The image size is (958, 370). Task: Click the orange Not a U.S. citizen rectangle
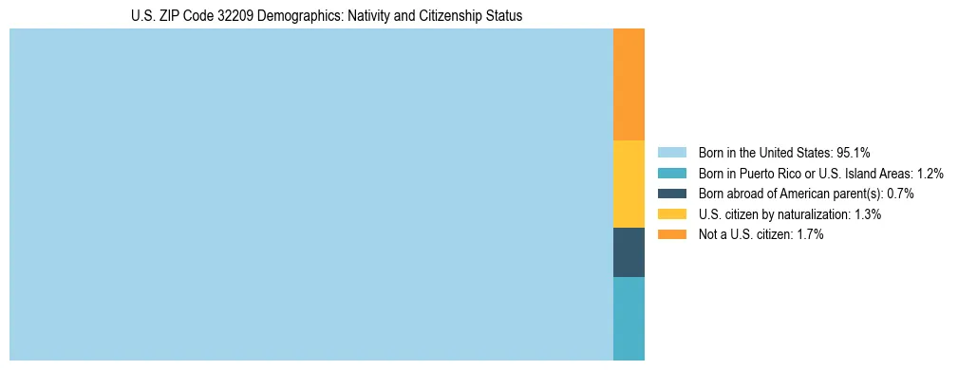point(629,84)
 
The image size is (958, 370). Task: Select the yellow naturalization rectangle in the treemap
point(629,184)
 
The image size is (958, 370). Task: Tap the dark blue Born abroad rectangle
point(629,252)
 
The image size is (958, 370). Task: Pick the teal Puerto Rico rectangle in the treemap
point(629,318)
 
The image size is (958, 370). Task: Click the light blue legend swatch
point(671,152)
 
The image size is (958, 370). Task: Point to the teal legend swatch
point(671,173)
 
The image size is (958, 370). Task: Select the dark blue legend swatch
point(671,194)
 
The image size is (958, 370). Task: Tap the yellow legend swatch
point(671,214)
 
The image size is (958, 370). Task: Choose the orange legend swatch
point(671,234)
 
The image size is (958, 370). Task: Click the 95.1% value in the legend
point(854,152)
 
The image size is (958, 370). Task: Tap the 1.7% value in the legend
point(810,234)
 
